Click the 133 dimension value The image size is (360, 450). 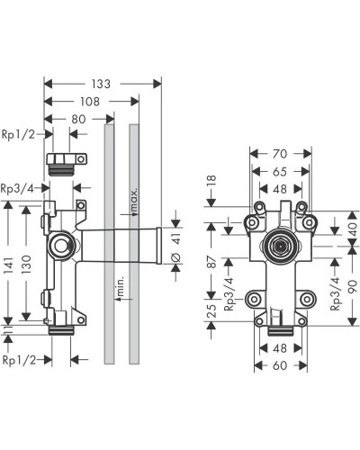coord(102,84)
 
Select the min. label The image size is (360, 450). coord(120,292)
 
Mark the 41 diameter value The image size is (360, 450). coord(176,239)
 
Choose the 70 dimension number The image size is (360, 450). coord(281,156)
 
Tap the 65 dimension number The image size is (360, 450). coord(281,172)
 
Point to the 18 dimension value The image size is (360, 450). coord(212,184)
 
